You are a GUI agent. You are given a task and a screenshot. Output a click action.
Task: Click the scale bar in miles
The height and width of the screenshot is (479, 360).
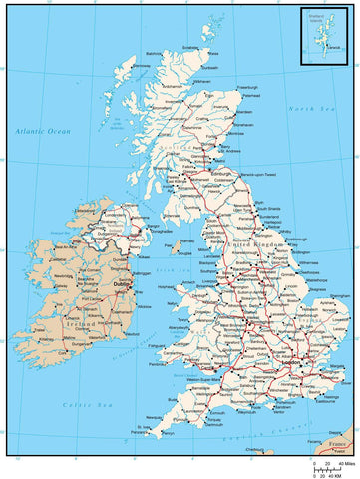[x=327, y=464]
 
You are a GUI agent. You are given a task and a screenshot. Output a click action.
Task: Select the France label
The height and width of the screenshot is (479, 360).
[x=337, y=442]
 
